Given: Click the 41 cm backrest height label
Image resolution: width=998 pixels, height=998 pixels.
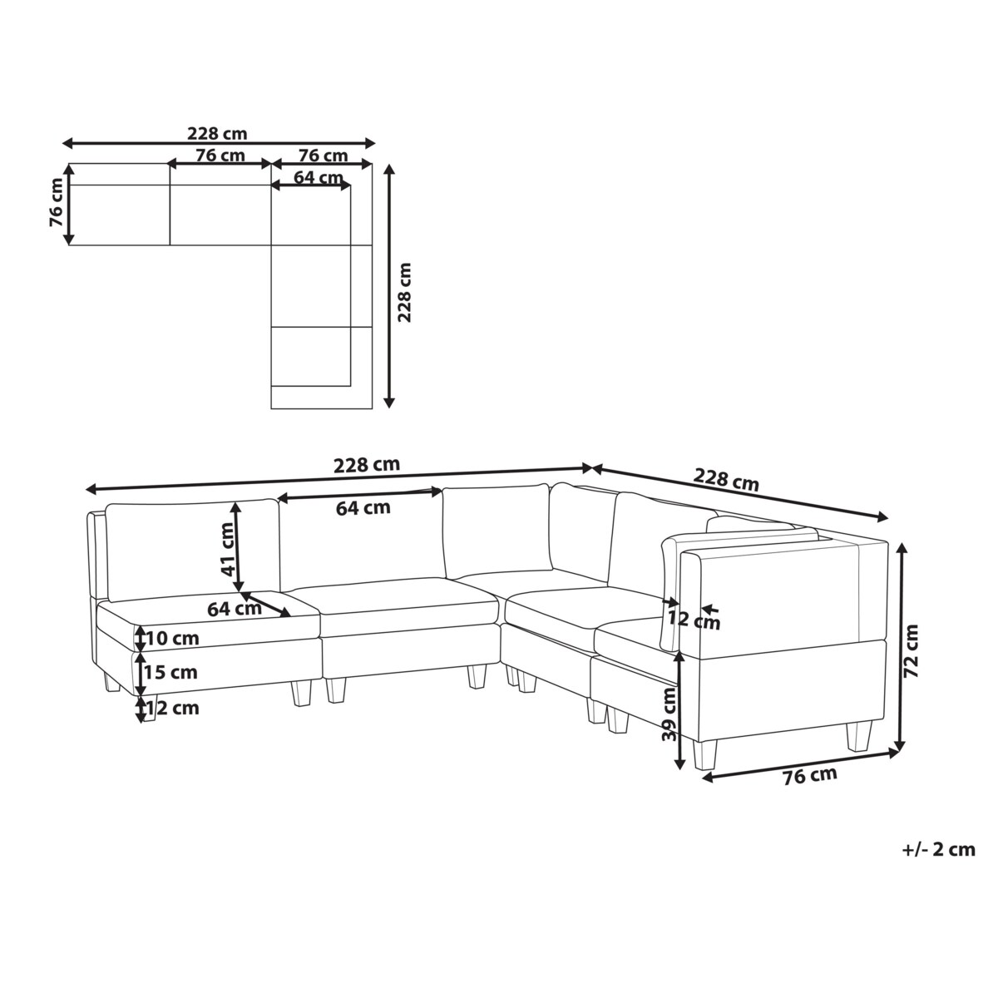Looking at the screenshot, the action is [x=227, y=549].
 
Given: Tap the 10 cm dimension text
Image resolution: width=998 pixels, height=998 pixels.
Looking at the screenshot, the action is [x=172, y=638].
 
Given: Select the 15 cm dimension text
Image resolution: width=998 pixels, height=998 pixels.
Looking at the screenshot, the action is [x=171, y=672].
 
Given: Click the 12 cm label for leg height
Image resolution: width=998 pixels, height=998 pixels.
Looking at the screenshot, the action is [x=172, y=708].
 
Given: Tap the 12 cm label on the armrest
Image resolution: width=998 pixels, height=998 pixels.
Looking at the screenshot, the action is [x=694, y=620].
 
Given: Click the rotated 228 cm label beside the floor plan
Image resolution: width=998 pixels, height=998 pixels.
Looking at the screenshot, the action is [x=404, y=293].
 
